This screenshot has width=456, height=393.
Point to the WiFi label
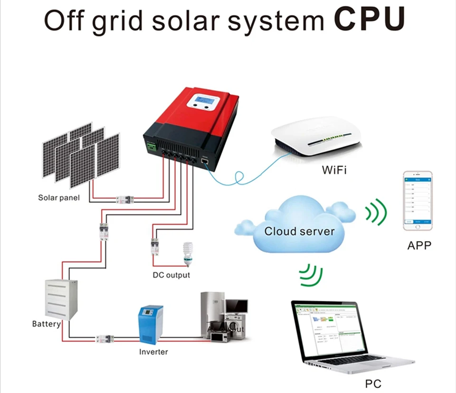pos(334,170)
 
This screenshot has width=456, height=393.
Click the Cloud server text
pos(299,232)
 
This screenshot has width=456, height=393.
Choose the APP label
pos(419,246)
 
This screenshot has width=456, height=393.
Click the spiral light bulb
pos(187,254)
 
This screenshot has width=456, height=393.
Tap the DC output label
pos(171,275)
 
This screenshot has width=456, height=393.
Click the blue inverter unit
pos(151,325)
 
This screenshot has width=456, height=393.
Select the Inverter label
pos(153,352)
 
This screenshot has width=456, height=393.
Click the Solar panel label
pos(59,197)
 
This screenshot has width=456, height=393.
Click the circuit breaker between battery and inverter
pos(103,339)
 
